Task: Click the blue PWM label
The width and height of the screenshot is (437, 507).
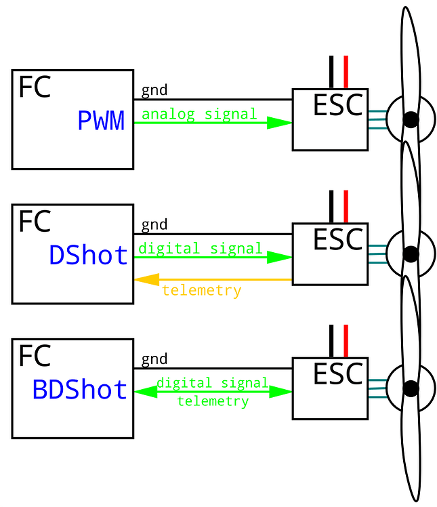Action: [101, 121]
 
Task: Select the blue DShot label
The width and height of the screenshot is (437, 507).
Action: [88, 256]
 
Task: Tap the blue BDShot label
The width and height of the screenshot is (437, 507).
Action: [79, 390]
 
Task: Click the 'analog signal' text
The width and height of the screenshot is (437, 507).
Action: [199, 114]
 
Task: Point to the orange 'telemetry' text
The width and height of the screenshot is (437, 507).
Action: [201, 291]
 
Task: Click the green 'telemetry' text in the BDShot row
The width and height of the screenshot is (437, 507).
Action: [212, 401]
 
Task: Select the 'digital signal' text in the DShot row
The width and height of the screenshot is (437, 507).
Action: [201, 248]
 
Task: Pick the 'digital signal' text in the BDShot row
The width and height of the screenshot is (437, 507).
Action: [212, 383]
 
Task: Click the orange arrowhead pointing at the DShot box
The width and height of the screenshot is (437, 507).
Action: [146, 279]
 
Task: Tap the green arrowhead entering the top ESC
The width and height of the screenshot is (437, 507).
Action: [279, 123]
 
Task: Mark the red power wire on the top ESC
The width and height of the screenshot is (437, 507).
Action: [346, 72]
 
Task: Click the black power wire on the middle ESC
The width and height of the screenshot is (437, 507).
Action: [331, 206]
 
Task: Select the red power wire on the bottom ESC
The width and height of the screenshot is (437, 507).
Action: [346, 340]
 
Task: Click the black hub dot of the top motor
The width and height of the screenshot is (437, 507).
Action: [410, 120]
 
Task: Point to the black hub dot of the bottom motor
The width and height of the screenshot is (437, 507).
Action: [410, 388]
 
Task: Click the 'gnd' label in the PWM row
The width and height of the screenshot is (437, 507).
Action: [154, 91]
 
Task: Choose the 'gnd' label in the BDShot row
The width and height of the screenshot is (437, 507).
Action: [154, 359]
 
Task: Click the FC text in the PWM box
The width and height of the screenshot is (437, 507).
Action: [34, 87]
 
